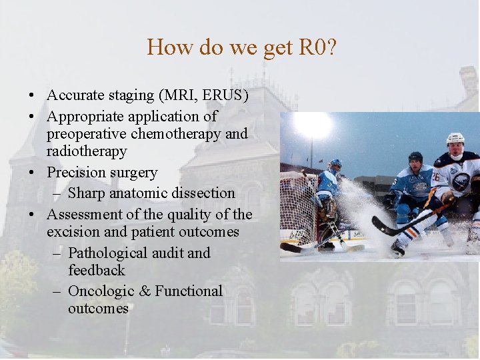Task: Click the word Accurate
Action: click(x=74, y=95)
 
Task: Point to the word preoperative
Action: click(x=87, y=134)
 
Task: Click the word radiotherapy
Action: click(x=86, y=151)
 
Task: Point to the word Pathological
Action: click(x=107, y=253)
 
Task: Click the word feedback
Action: click(x=96, y=271)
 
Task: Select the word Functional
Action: click(x=189, y=291)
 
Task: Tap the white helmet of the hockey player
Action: click(x=455, y=139)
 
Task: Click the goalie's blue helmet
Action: click(x=335, y=164)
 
